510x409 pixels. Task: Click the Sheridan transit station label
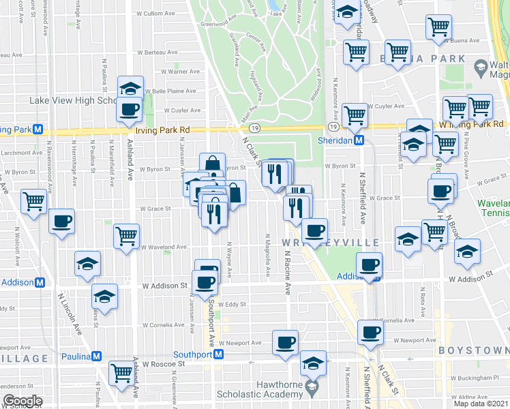[338, 140]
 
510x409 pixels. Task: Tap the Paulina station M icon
[96, 357]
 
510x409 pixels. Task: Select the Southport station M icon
[219, 354]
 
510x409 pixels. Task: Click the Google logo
[22, 401]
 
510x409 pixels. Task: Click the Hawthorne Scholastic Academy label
[258, 389]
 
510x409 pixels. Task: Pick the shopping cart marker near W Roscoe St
[121, 372]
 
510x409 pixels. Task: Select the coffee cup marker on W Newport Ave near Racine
[285, 342]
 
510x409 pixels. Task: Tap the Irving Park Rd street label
[162, 129]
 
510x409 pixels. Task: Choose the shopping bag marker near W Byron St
[212, 164]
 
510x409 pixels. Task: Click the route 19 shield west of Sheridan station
[333, 127]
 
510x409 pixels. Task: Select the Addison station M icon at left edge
[40, 282]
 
